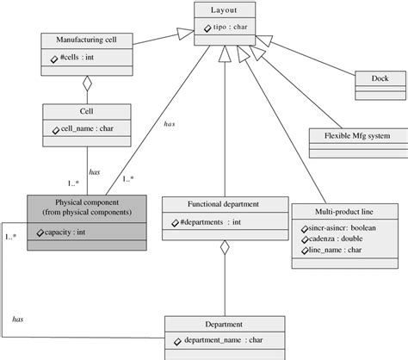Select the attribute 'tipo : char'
[x=226, y=28]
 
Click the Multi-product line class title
[x=343, y=211]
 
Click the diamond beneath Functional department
[x=225, y=249]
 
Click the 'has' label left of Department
[x=17, y=319]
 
